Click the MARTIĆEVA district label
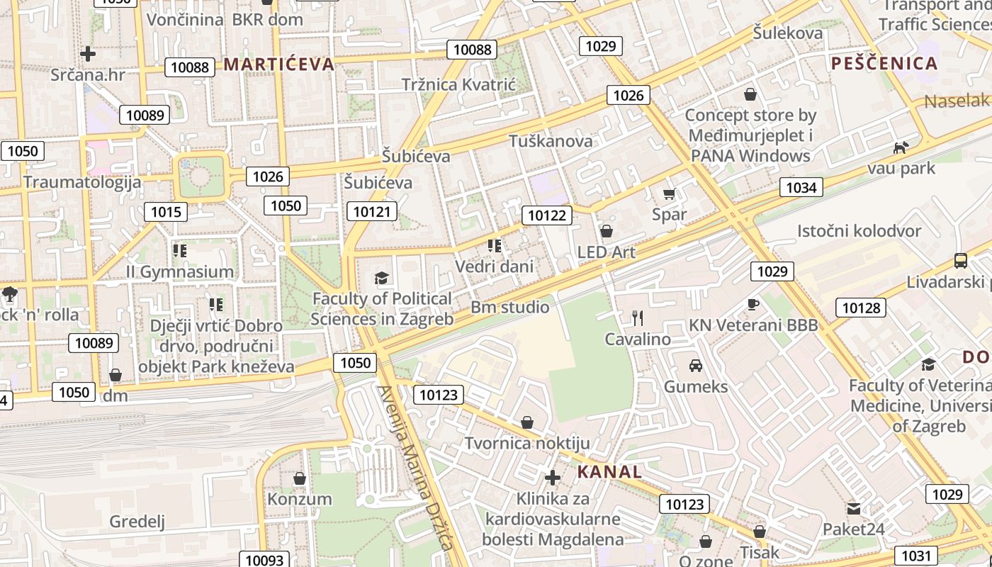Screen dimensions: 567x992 click(278, 64)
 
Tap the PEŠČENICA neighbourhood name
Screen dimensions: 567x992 click(884, 63)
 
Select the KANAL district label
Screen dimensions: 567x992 click(609, 472)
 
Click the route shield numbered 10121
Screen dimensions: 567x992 click(372, 211)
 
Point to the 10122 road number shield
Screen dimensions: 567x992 click(548, 215)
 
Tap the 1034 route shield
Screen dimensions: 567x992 click(801, 187)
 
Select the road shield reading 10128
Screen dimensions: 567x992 click(862, 308)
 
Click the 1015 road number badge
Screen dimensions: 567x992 click(166, 211)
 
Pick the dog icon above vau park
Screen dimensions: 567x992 click(901, 147)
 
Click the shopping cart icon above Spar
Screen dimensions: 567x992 click(669, 193)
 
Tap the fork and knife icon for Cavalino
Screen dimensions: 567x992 click(638, 318)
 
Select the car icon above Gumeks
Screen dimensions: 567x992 click(696, 366)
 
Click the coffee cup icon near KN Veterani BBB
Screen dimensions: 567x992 click(753, 304)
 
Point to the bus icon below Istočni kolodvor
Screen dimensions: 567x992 click(961, 261)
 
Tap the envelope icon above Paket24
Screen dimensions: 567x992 click(854, 508)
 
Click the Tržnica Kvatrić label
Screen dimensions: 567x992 click(458, 84)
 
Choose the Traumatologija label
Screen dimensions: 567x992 click(81, 182)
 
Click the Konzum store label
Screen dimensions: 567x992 click(299, 499)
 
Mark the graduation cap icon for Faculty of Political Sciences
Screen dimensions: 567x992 click(382, 278)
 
